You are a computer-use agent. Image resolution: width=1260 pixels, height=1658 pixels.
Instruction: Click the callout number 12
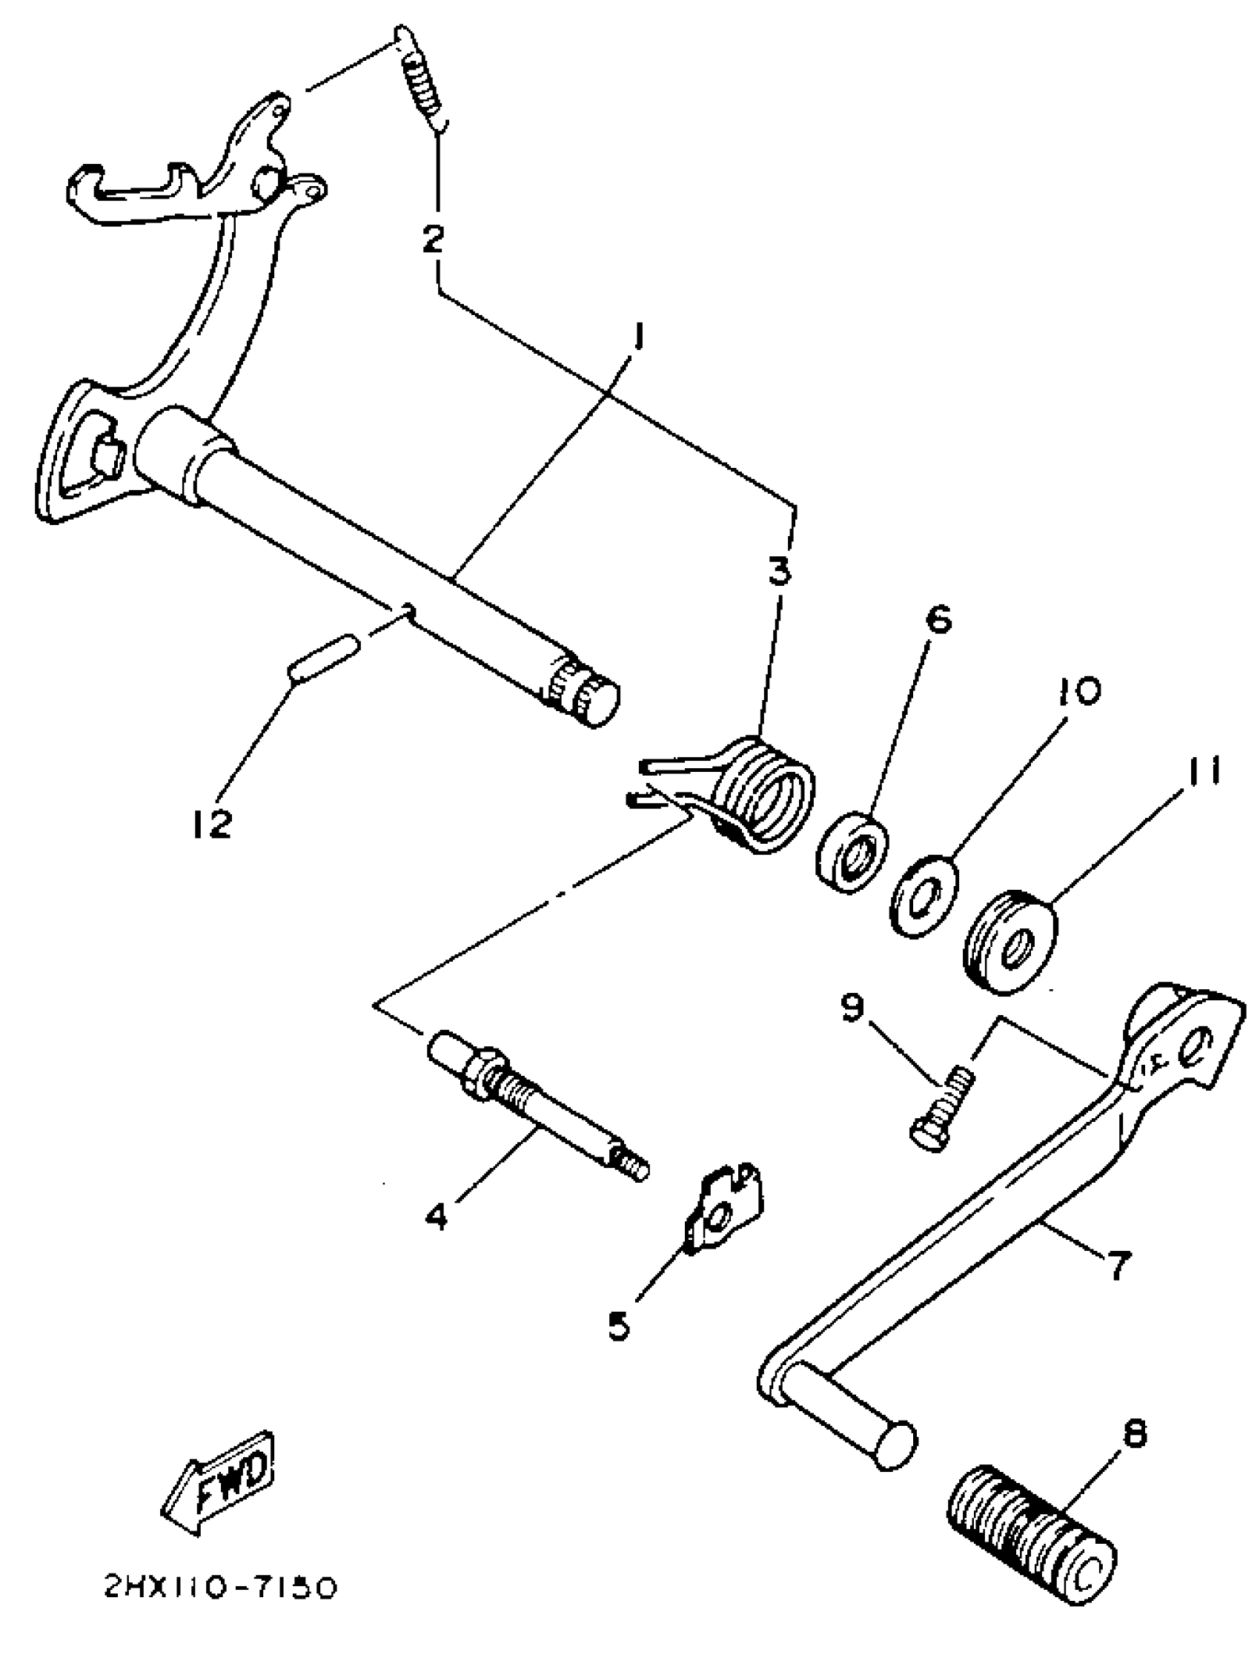click(x=210, y=824)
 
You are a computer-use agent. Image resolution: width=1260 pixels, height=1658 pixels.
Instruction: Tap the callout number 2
click(x=434, y=239)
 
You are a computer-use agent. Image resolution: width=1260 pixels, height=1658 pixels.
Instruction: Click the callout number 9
click(x=852, y=1008)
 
